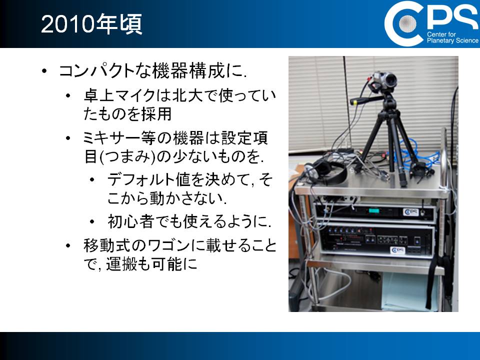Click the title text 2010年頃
[x=91, y=24]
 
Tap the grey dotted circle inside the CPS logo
[x=407, y=23]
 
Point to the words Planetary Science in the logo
[x=452, y=40]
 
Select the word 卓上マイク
[x=119, y=95]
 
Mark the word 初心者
[x=130, y=221]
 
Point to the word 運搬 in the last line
[x=121, y=264]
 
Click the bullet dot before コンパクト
[x=44, y=71]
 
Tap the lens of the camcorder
[x=390, y=80]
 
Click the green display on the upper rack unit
[x=374, y=211]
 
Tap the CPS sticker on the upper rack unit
[x=411, y=212]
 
